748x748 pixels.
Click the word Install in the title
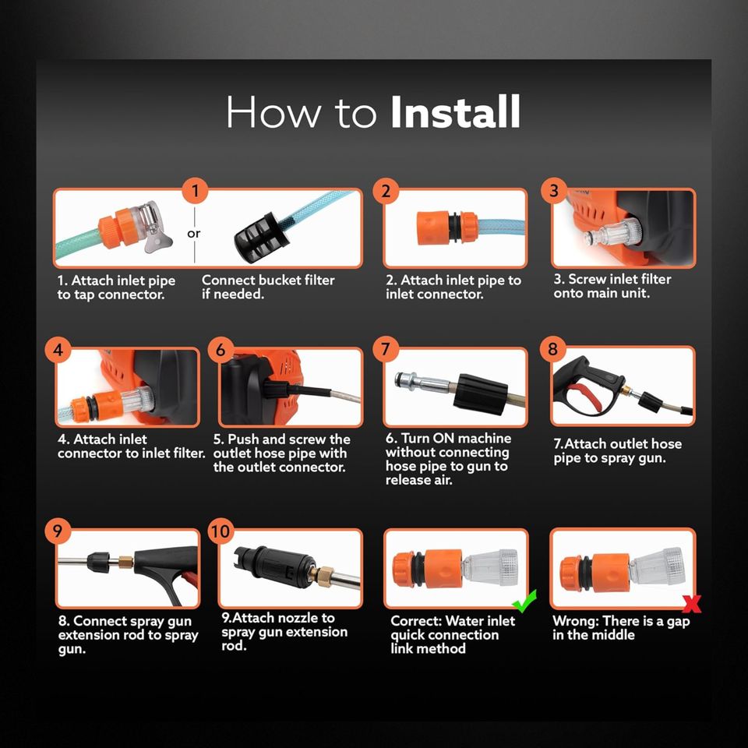pyautogui.click(x=455, y=111)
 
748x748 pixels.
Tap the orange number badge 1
pyautogui.click(x=195, y=191)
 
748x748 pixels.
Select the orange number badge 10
pyautogui.click(x=221, y=531)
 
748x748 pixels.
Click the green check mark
pyautogui.click(x=524, y=601)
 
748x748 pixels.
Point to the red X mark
pyautogui.click(x=692, y=604)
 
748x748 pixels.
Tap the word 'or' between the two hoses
pyautogui.click(x=194, y=234)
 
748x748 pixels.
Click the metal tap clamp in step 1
pyautogui.click(x=152, y=227)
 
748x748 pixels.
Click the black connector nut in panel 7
pyautogui.click(x=480, y=393)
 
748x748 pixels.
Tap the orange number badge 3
pyautogui.click(x=554, y=191)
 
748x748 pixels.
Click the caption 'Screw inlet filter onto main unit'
pyautogui.click(x=612, y=286)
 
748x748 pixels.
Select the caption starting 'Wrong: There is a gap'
pyautogui.click(x=621, y=627)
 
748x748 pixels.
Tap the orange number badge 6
pyautogui.click(x=221, y=350)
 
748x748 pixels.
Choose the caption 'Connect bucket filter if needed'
pyautogui.click(x=268, y=287)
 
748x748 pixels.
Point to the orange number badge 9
pyautogui.click(x=58, y=531)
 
